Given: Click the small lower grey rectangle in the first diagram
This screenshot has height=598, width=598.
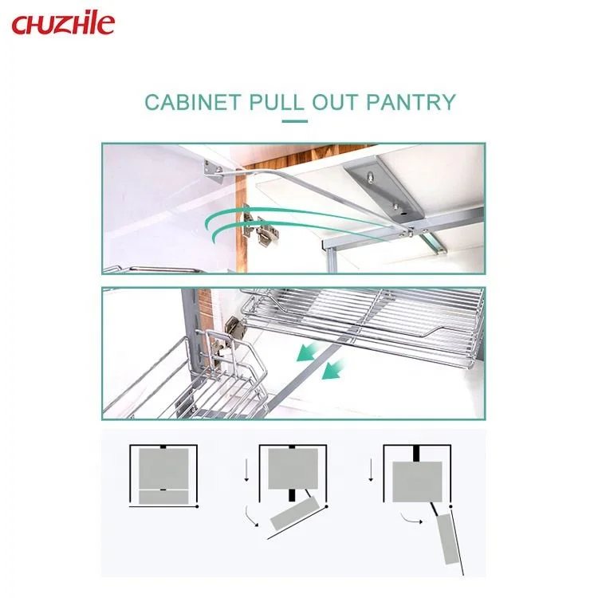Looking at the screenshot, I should coord(163,497).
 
